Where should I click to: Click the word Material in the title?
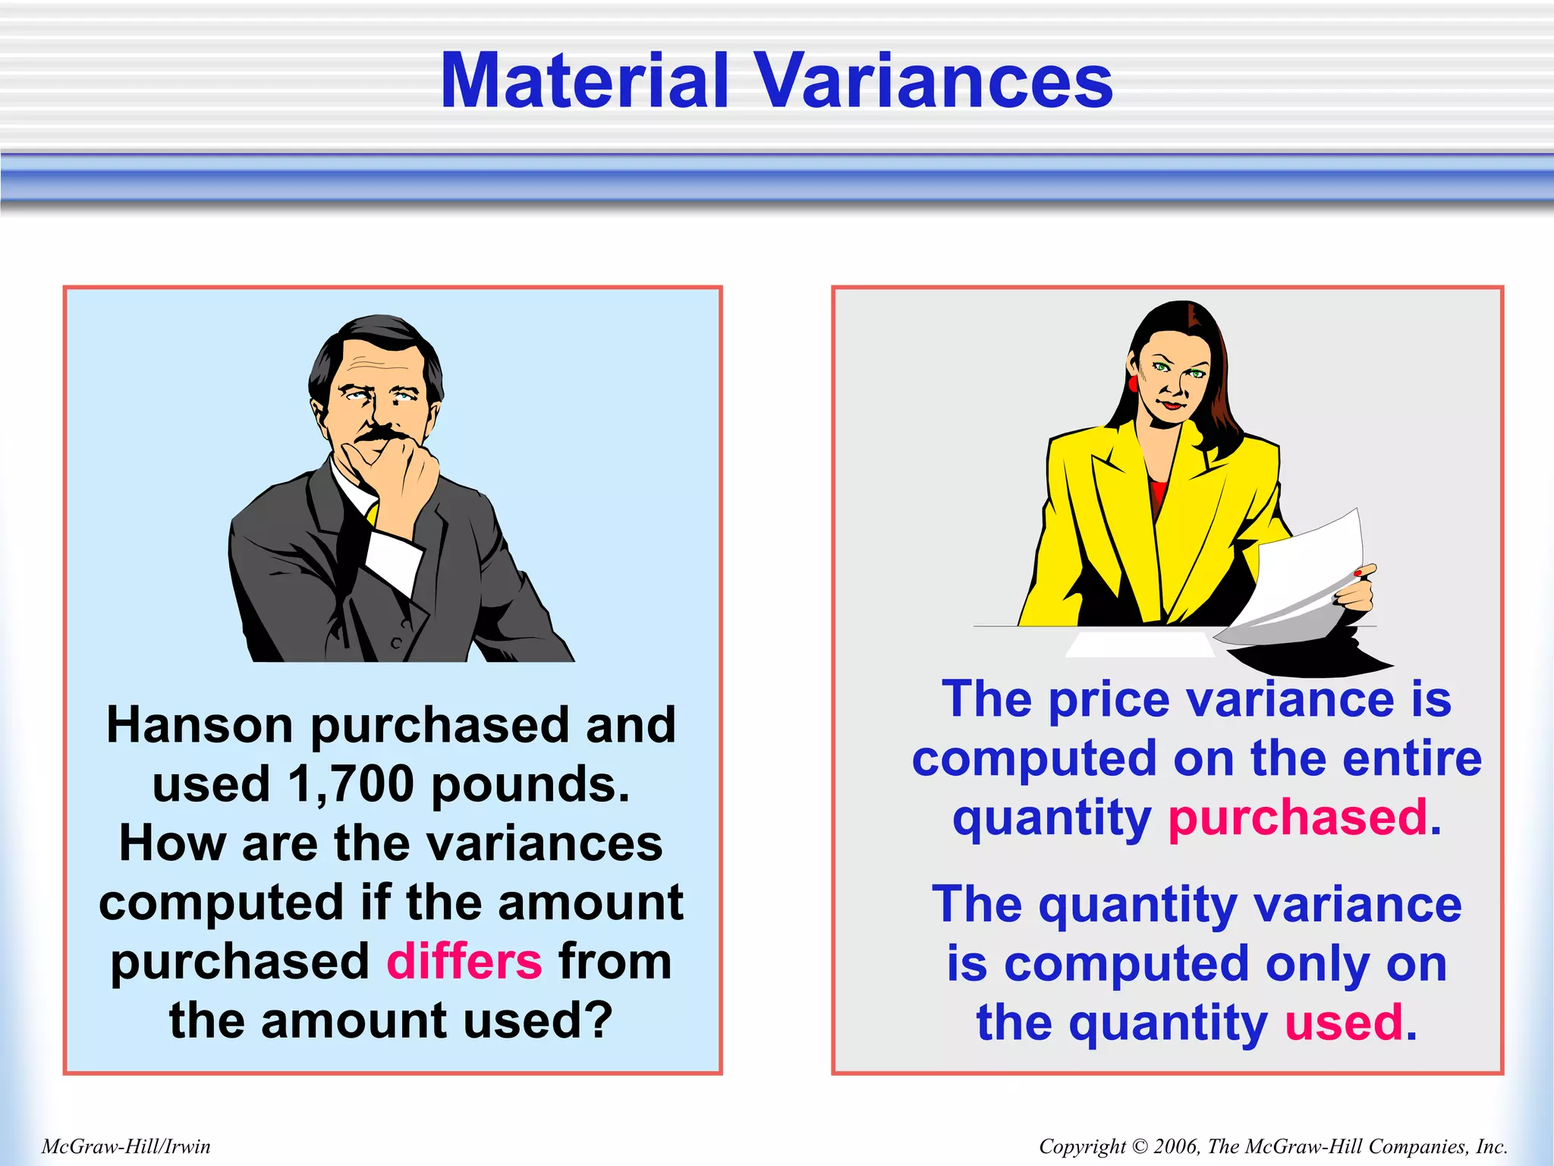click(x=584, y=81)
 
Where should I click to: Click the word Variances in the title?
click(x=934, y=81)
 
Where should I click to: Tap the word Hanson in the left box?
click(x=199, y=725)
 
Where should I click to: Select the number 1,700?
click(x=351, y=784)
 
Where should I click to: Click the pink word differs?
click(x=464, y=962)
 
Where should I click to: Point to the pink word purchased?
click(x=1298, y=818)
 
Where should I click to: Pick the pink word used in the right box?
click(x=1343, y=1023)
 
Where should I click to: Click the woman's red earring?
click(x=1134, y=383)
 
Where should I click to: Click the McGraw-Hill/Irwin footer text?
click(x=126, y=1146)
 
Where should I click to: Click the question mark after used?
click(x=599, y=1021)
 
